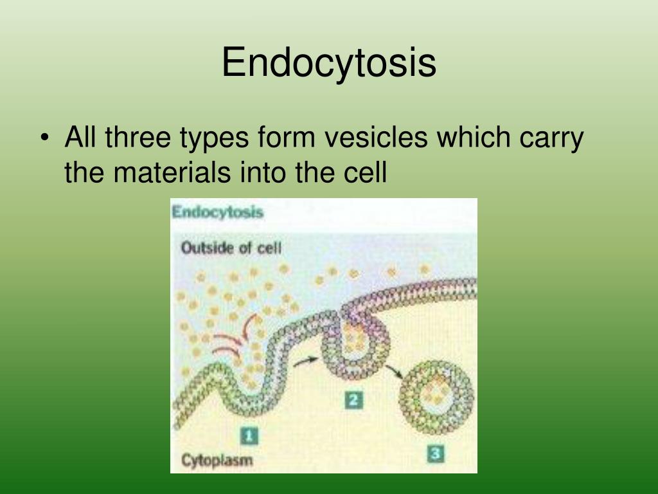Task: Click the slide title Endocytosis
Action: pos(328,63)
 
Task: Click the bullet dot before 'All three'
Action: pos(44,138)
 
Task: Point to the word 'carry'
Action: pos(551,139)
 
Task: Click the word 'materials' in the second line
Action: pos(172,172)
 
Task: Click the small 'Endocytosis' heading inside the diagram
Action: pos(217,212)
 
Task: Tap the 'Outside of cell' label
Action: pos(231,248)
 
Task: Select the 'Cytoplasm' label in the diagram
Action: pos(217,461)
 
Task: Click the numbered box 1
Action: pos(249,435)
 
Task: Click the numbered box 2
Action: pos(353,400)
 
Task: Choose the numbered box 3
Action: pos(436,454)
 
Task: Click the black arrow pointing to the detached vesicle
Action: pos(394,371)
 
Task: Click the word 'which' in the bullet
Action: pos(474,137)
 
